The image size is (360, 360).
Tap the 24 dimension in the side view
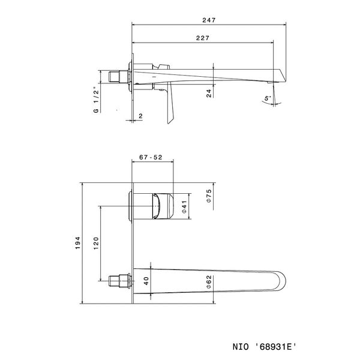tap(208, 93)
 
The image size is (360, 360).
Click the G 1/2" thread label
tap(95, 100)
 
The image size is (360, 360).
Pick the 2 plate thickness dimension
tap(140, 115)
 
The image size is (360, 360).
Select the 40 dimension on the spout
tap(146, 279)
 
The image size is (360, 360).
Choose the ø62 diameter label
tap(208, 280)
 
